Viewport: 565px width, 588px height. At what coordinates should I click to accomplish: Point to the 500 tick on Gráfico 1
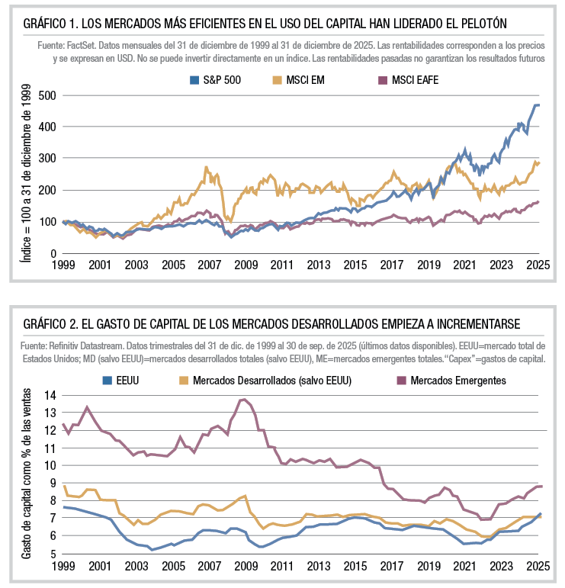48,95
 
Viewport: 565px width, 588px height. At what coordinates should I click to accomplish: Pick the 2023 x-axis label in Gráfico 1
502,265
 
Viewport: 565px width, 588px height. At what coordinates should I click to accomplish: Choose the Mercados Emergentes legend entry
458,380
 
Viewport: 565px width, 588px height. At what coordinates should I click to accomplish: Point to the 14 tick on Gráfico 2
51,395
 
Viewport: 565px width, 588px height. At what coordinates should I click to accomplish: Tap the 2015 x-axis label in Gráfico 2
355,567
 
